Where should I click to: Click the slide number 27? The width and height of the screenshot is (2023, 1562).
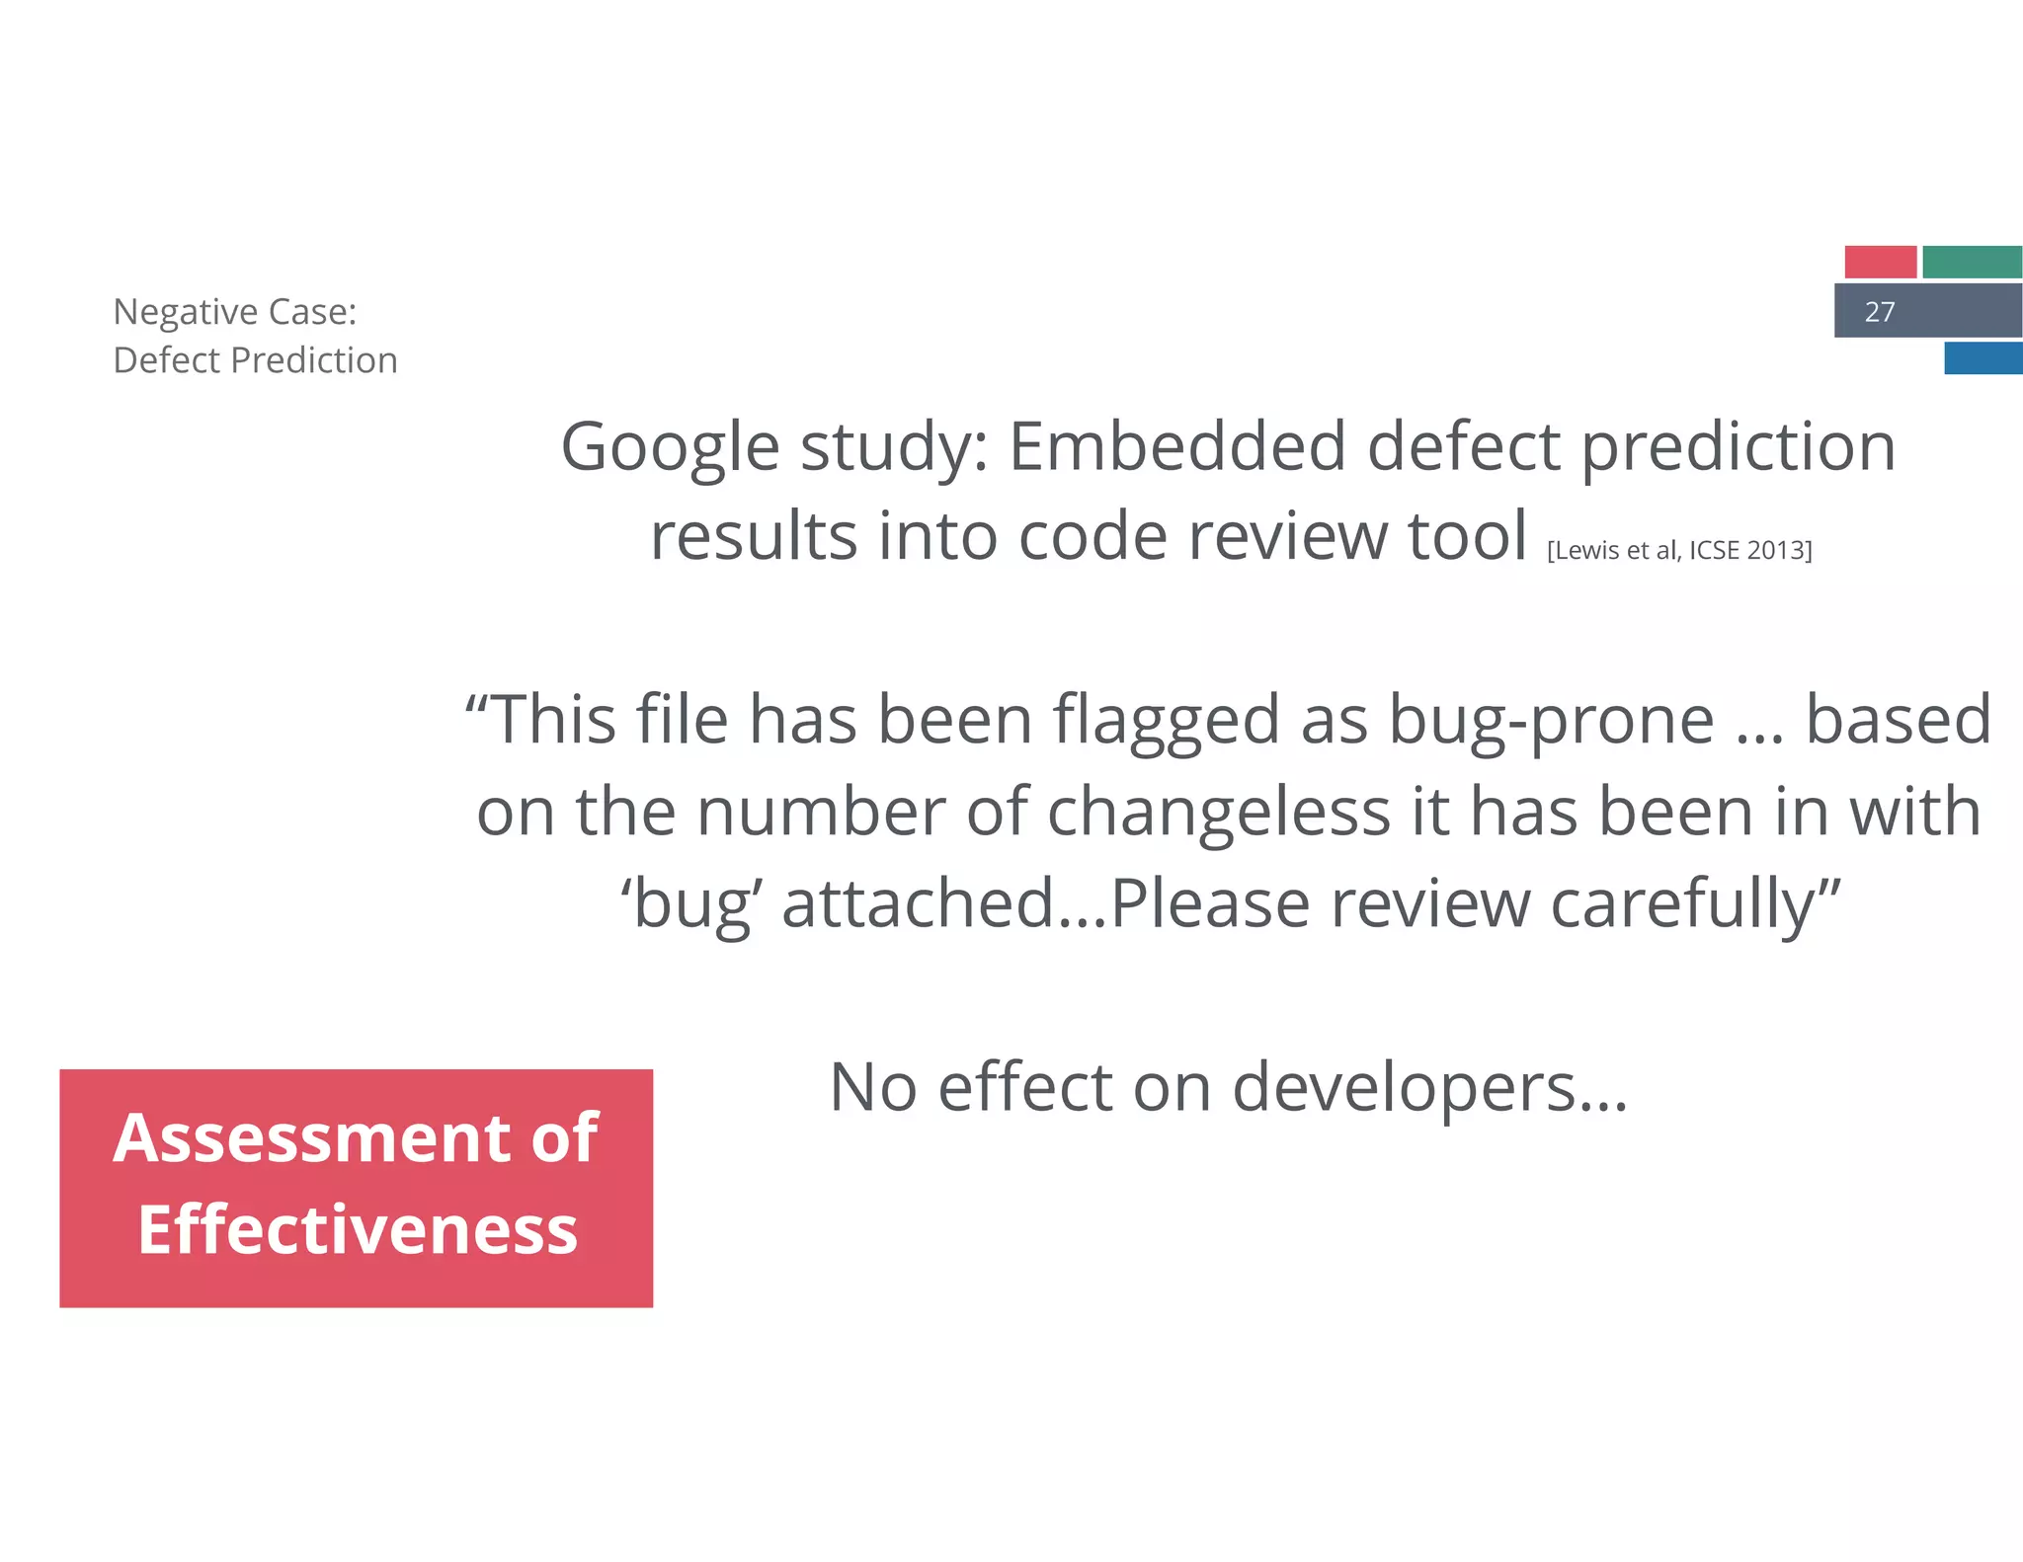(1879, 312)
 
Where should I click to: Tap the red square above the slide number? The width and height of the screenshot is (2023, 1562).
(1880, 262)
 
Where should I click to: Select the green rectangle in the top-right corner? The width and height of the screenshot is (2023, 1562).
(1972, 262)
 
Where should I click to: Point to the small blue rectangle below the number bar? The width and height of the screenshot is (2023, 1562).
(1983, 357)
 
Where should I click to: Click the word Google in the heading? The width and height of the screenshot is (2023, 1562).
(670, 448)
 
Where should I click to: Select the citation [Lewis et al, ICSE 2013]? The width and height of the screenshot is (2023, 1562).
(1679, 550)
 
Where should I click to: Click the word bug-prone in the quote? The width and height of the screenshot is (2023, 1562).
(1551, 721)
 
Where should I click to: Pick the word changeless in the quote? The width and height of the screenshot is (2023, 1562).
(1219, 813)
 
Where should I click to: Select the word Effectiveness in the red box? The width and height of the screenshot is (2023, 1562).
(358, 1230)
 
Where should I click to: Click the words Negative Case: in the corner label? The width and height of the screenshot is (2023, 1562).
(235, 312)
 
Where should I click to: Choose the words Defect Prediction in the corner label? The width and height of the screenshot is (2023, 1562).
(255, 360)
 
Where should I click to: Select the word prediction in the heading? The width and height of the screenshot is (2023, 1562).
(1739, 448)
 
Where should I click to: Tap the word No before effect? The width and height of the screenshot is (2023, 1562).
(873, 1088)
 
